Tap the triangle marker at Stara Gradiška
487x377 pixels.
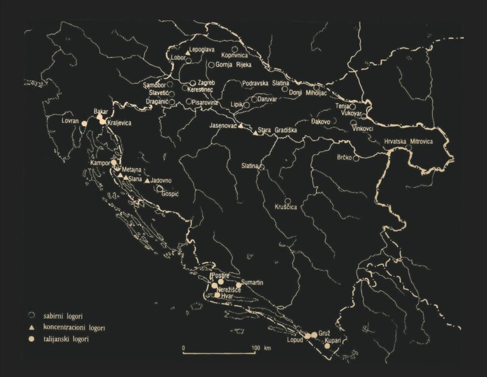click(x=254, y=132)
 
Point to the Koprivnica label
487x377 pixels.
click(x=237, y=54)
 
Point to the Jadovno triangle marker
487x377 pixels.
click(x=147, y=181)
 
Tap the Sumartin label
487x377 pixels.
click(x=252, y=282)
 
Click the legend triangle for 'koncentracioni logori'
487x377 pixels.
click(x=31, y=327)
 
